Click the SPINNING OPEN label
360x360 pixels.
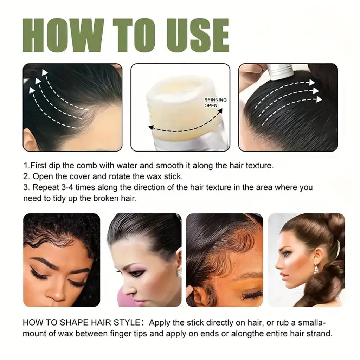click(215, 103)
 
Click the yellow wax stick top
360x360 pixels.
click(179, 95)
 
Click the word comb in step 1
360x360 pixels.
click(94, 165)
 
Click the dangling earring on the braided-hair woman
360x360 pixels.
click(316, 269)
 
